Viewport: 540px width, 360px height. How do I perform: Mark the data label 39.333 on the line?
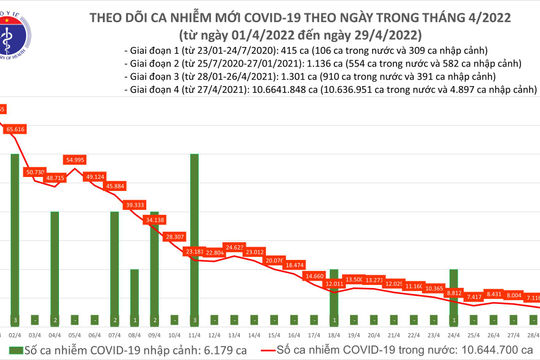click(x=135, y=204)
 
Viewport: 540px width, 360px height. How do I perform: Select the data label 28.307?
click(x=174, y=235)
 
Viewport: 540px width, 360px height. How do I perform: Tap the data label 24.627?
click(x=235, y=246)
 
